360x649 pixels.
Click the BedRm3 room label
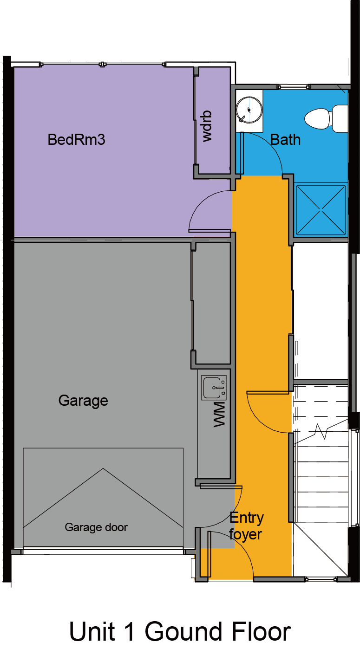point(76,139)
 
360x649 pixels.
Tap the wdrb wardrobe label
point(207,126)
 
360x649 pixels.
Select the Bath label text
point(285,140)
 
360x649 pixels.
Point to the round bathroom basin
point(249,110)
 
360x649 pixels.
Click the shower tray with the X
point(321,210)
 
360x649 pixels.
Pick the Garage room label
point(83,401)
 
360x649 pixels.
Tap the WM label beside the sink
point(219,414)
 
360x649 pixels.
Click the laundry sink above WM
point(214,387)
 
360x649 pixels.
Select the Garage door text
point(96,527)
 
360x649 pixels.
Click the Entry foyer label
point(246,526)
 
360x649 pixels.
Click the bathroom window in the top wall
point(293,87)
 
